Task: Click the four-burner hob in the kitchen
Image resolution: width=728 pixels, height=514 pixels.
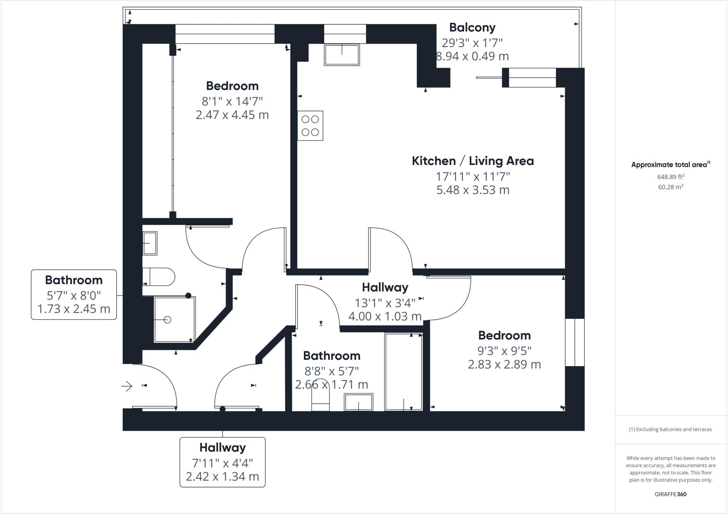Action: click(x=310, y=126)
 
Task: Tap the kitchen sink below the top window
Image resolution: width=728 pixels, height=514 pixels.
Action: click(x=342, y=55)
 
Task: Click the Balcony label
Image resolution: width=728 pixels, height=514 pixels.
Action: click(x=472, y=27)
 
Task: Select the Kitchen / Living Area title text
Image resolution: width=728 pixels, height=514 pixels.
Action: click(x=473, y=161)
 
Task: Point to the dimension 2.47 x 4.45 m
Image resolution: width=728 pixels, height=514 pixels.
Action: click(x=232, y=115)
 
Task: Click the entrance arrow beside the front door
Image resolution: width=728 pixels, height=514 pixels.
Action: click(x=127, y=386)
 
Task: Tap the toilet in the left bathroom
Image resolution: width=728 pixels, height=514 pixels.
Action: click(x=159, y=277)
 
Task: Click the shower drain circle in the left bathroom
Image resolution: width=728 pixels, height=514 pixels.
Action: click(x=168, y=320)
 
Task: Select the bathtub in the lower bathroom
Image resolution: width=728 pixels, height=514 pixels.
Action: click(x=403, y=372)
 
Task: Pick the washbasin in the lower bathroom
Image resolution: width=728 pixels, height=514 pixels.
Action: click(x=358, y=402)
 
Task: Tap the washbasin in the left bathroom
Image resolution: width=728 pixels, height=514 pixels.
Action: click(x=150, y=243)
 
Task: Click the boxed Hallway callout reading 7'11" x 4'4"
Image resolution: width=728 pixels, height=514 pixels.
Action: click(x=223, y=462)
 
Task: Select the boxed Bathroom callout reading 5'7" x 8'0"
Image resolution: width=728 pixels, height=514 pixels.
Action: click(x=74, y=295)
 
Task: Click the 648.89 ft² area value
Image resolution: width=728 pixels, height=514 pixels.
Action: click(x=671, y=177)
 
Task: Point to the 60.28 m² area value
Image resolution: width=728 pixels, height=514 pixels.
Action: click(x=671, y=187)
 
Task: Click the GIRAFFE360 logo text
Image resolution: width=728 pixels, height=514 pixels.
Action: click(x=670, y=494)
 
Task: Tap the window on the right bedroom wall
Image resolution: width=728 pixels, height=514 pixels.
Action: click(x=574, y=342)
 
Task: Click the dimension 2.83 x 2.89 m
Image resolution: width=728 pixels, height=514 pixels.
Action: click(x=504, y=365)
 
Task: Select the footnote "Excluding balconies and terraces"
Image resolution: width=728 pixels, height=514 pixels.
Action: click(x=670, y=429)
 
